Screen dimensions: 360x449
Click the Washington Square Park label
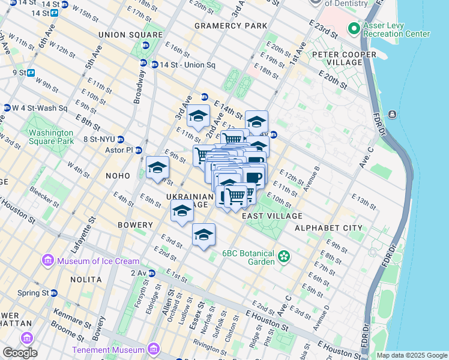point(51,137)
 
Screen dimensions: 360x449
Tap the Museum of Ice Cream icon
point(47,261)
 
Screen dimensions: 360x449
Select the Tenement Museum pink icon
point(154,349)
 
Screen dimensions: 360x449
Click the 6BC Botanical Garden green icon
point(284,258)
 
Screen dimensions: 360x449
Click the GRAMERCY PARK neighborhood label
point(231,26)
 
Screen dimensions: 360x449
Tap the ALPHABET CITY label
point(328,228)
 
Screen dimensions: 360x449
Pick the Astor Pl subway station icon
point(139,150)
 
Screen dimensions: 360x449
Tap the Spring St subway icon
point(54,293)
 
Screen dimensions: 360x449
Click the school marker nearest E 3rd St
point(203,235)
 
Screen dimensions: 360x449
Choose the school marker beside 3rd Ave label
point(197,116)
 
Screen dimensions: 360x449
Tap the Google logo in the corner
point(19,353)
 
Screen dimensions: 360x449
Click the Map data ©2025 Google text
point(412,355)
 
